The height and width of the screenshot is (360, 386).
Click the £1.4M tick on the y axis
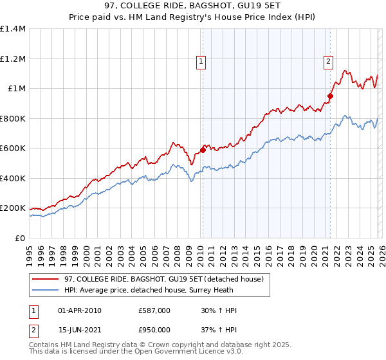pyautogui.click(x=13, y=29)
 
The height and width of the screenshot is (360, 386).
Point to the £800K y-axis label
pyautogui.click(x=13, y=118)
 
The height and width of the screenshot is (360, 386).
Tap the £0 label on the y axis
pyautogui.click(x=21, y=238)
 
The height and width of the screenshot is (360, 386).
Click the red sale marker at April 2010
pyautogui.click(x=203, y=150)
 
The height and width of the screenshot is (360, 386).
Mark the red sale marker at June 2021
pyautogui.click(x=330, y=96)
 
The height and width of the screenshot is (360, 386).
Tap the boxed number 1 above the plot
pyautogui.click(x=201, y=62)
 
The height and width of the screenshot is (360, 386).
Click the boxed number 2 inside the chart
pyautogui.click(x=328, y=62)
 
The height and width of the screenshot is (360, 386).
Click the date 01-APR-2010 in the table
pyautogui.click(x=80, y=310)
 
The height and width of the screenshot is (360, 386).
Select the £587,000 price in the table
pyautogui.click(x=154, y=310)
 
